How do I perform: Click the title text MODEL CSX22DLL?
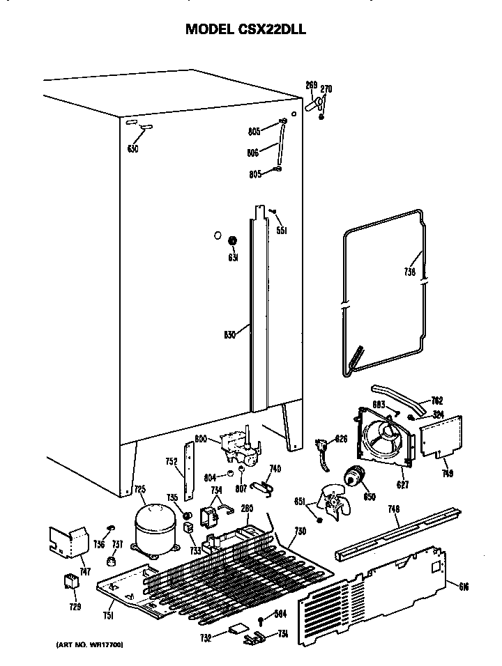(245, 29)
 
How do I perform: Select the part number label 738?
(409, 272)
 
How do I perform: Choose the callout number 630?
(133, 149)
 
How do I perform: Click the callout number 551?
(282, 231)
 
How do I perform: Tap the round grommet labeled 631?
(233, 241)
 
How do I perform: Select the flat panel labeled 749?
(440, 439)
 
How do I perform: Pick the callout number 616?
(464, 587)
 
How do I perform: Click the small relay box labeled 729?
(71, 580)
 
